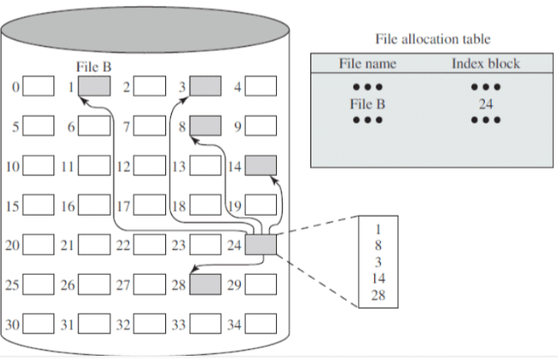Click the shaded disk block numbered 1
click(94, 86)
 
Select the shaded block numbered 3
click(205, 86)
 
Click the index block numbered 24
click(261, 245)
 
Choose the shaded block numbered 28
click(205, 284)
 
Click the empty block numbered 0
click(38, 86)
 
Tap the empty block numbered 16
click(94, 206)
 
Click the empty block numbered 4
click(261, 86)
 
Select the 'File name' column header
click(364, 64)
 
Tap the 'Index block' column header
click(486, 64)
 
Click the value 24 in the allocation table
click(486, 104)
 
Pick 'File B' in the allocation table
click(364, 104)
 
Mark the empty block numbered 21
click(94, 245)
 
